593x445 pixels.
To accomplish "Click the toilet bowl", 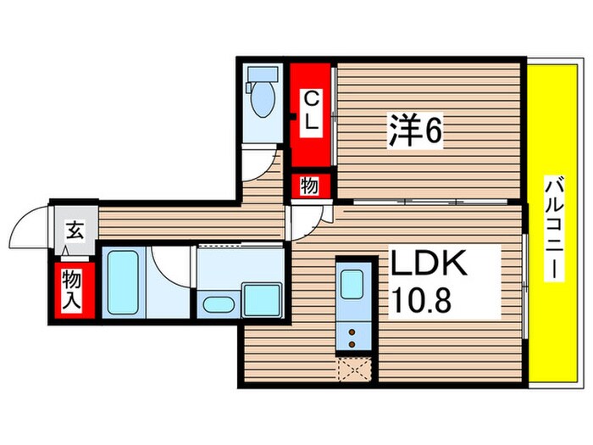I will [x=263, y=99].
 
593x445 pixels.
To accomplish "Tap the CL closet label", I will [x=311, y=111].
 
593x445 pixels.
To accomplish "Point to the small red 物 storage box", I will [x=310, y=186].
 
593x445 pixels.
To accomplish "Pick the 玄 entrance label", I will [x=75, y=229].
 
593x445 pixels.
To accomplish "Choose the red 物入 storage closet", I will [x=72, y=288].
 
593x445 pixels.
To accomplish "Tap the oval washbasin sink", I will [x=219, y=304].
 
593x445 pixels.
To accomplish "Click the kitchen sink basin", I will [x=351, y=281].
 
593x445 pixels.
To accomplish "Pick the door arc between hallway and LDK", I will [x=305, y=222].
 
